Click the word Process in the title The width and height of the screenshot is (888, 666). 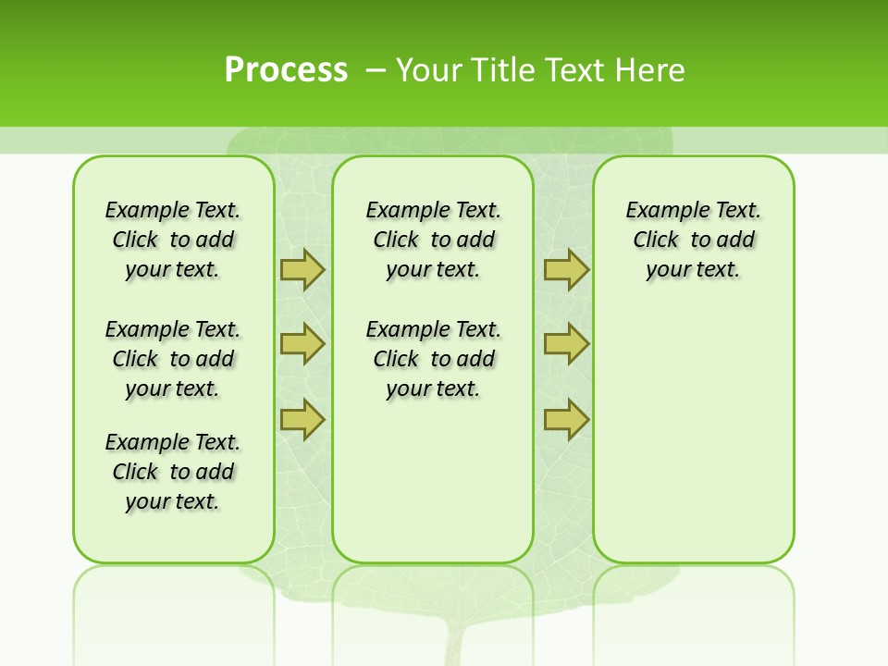286,70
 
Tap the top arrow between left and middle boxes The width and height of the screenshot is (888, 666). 302,269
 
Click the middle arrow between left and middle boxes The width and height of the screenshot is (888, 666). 302,344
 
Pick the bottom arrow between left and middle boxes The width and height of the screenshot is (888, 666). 302,419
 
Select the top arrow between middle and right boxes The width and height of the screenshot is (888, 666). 566,269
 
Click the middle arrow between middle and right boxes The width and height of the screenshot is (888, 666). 566,344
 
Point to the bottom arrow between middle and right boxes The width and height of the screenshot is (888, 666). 566,419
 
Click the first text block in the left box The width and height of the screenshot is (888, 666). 173,240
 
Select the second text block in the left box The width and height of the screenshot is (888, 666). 173,359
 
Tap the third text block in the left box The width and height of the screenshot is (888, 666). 173,472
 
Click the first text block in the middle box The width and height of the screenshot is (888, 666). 433,240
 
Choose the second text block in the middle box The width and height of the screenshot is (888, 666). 433,359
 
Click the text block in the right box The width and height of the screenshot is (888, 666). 693,240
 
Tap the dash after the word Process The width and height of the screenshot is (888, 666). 376,70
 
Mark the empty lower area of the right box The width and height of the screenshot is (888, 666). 693,444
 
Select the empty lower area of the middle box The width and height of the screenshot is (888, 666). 433,481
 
